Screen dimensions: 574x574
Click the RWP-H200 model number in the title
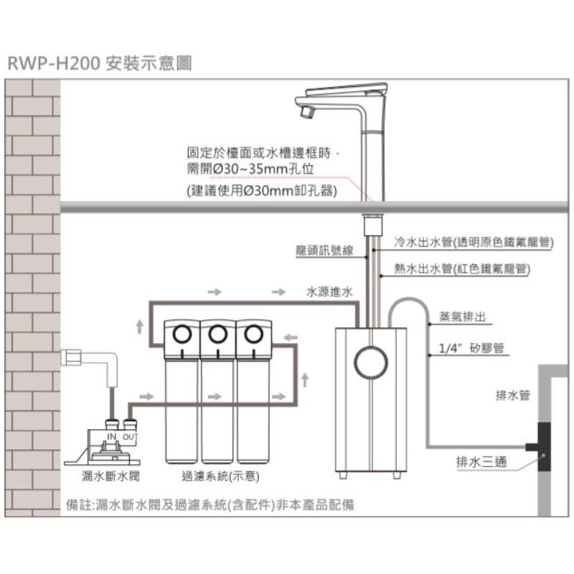pyautogui.click(x=54, y=63)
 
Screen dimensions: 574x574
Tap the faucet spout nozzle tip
pyautogui.click(x=307, y=111)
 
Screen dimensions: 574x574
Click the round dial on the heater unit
pyautogui.click(x=371, y=362)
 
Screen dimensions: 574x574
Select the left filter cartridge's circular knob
pyautogui.click(x=182, y=334)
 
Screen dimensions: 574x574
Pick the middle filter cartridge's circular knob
pyautogui.click(x=218, y=334)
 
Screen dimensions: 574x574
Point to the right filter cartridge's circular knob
pyautogui.click(x=254, y=334)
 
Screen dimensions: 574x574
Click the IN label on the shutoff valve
pyautogui.click(x=112, y=436)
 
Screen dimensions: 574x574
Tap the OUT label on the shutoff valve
pyautogui.click(x=130, y=437)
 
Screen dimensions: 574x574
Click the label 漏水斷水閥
pyautogui.click(x=110, y=476)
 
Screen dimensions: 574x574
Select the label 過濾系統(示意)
pyautogui.click(x=220, y=476)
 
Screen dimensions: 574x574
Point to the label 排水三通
pyautogui.click(x=481, y=461)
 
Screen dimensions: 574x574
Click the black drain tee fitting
pyautogui.click(x=541, y=447)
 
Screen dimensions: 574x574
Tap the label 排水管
pyautogui.click(x=513, y=395)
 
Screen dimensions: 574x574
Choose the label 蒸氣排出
pyautogui.click(x=462, y=316)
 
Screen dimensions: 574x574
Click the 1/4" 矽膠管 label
pyautogui.click(x=471, y=348)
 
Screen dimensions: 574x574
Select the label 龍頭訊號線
pyautogui.click(x=324, y=250)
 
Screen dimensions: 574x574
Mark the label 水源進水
pyautogui.click(x=329, y=292)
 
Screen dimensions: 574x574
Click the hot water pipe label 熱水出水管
pyautogui.click(x=423, y=268)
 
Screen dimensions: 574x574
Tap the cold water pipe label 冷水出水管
pyautogui.click(x=423, y=242)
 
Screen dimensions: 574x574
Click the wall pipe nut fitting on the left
pyautogui.click(x=71, y=357)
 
